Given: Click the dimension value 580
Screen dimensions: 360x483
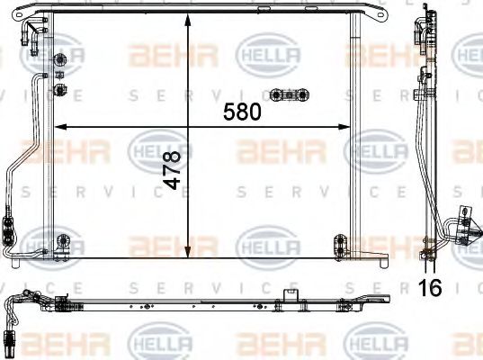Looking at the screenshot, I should tap(242, 112).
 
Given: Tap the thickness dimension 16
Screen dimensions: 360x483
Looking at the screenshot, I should tap(433, 288).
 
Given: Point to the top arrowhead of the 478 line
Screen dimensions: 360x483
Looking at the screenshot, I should tap(188, 21).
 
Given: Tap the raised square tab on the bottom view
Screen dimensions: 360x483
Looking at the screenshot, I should tap(290, 294).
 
